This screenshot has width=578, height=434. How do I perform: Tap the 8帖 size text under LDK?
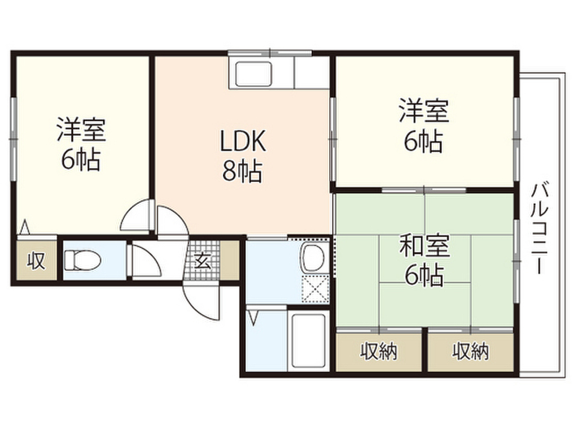pyautogui.click(x=243, y=171)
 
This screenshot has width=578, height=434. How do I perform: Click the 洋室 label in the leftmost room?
pyautogui.click(x=81, y=131)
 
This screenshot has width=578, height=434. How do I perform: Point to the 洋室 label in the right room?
pyautogui.click(x=424, y=111)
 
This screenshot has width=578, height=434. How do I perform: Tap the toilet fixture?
pyautogui.click(x=82, y=261)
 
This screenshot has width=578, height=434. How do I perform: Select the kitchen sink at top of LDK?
pyautogui.click(x=254, y=75)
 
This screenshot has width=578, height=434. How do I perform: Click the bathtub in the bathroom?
pyautogui.click(x=308, y=341)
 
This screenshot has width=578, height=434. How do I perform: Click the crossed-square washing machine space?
pyautogui.click(x=315, y=290)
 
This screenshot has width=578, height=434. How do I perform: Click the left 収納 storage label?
pyautogui.click(x=379, y=352)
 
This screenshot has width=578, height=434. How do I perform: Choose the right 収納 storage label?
pyautogui.click(x=470, y=352)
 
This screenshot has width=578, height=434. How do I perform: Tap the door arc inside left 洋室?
pyautogui.click(x=135, y=218)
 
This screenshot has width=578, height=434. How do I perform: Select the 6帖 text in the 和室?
pyautogui.click(x=424, y=275)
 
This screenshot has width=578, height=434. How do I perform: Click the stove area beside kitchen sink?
pyautogui.click(x=312, y=73)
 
